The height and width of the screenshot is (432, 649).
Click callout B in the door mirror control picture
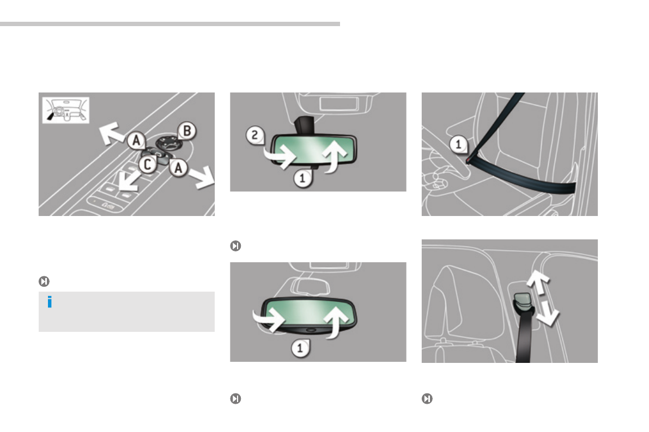coord(187,131)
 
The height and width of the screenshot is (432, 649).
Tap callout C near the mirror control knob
coord(147,164)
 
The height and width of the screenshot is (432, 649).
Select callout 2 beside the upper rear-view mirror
coord(254,134)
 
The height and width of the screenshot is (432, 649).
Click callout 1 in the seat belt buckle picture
coord(458,144)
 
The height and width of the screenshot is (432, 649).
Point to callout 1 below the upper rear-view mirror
coord(302,178)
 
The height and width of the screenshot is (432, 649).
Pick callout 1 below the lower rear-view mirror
coord(300,348)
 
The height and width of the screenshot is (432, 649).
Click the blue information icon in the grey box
coord(50,302)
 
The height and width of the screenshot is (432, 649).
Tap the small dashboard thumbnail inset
coord(66,110)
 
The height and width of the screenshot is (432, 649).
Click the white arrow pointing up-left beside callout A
coord(111,133)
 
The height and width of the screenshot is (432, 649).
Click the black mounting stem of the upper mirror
coord(304,125)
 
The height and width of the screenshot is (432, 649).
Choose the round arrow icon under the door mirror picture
coord(44,281)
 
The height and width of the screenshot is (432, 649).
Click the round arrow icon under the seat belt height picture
coord(427,398)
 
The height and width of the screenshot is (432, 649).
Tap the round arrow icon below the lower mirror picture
coord(235,398)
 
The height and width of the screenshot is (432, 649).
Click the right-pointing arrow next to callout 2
coord(280,156)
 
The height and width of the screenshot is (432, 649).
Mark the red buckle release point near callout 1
coord(468,160)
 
